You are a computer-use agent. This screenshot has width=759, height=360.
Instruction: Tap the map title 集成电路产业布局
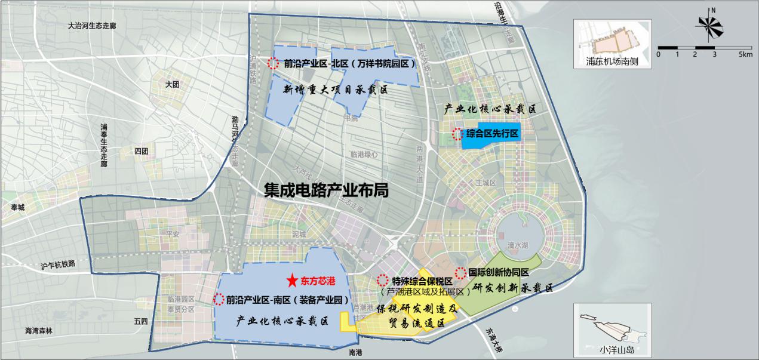[x=326, y=190]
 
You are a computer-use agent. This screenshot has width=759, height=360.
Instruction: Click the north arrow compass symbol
[x=710, y=27]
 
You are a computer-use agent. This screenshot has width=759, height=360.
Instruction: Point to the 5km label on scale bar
[x=745, y=54]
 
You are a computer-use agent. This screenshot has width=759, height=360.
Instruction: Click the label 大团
[x=173, y=85]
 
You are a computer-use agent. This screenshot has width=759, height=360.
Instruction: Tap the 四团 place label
[x=142, y=151]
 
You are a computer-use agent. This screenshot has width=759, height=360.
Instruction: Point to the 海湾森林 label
[x=39, y=330]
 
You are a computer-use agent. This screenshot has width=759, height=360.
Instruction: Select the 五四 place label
[x=141, y=321]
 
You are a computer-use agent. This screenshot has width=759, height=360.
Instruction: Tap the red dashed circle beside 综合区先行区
[x=457, y=134]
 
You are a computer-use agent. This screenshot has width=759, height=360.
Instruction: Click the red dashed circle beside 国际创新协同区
[x=461, y=273]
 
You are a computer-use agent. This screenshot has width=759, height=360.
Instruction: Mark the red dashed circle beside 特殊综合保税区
[x=383, y=280]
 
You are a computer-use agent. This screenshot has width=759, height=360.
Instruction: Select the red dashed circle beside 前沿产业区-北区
[x=274, y=63]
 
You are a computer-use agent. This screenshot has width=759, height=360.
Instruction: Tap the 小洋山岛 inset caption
[x=612, y=350]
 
